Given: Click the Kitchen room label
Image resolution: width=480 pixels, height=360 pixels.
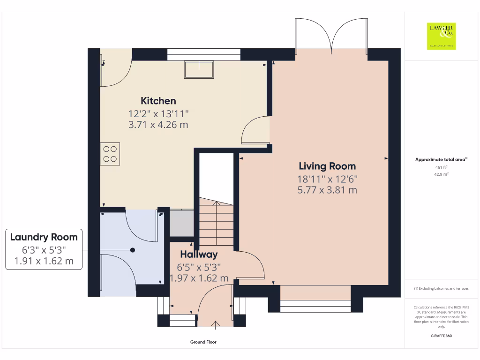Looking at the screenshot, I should (158, 101).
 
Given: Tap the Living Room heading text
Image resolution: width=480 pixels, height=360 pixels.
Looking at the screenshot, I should (327, 166).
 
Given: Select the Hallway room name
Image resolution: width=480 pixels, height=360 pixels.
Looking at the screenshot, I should (199, 255).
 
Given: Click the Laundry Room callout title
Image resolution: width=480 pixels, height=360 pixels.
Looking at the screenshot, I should (44, 237).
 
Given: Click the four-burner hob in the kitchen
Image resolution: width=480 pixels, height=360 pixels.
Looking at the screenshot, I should (110, 154).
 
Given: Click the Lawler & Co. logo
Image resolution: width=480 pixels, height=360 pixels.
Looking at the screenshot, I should (441, 36).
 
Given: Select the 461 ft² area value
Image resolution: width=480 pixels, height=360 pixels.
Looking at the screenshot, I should (441, 167).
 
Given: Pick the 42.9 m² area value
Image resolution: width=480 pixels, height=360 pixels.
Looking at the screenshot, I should (441, 174).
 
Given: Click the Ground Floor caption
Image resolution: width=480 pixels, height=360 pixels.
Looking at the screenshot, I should (203, 342).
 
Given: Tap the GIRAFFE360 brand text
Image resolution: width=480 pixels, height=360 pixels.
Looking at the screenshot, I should (441, 336).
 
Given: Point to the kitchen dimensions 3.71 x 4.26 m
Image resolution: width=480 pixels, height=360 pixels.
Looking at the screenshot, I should (158, 125).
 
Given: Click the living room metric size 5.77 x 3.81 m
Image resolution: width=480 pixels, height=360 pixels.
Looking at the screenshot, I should (327, 190).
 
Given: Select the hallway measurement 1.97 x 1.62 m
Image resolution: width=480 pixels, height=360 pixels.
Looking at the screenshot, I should (199, 278).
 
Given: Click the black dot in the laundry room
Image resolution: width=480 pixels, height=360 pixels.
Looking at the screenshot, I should (133, 250).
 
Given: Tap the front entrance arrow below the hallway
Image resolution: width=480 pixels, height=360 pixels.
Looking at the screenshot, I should (216, 324).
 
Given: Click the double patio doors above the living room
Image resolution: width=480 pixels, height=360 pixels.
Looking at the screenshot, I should (331, 35).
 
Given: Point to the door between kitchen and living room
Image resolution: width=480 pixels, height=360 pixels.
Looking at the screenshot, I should (255, 130).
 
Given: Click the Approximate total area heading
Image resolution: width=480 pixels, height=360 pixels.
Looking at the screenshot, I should (441, 160).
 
